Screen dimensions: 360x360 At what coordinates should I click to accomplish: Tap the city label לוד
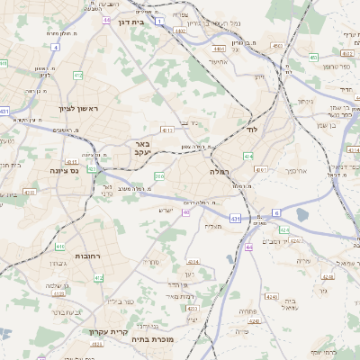coord(251,130)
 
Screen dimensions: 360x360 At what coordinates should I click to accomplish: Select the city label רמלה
coord(221,170)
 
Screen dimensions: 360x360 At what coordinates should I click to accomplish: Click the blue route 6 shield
coord(276,212)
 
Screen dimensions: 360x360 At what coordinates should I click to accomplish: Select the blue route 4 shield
coord(56,46)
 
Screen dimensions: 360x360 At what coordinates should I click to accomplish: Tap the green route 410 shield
coord(60,247)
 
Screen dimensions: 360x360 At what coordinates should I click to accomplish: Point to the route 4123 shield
coord(59,293)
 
